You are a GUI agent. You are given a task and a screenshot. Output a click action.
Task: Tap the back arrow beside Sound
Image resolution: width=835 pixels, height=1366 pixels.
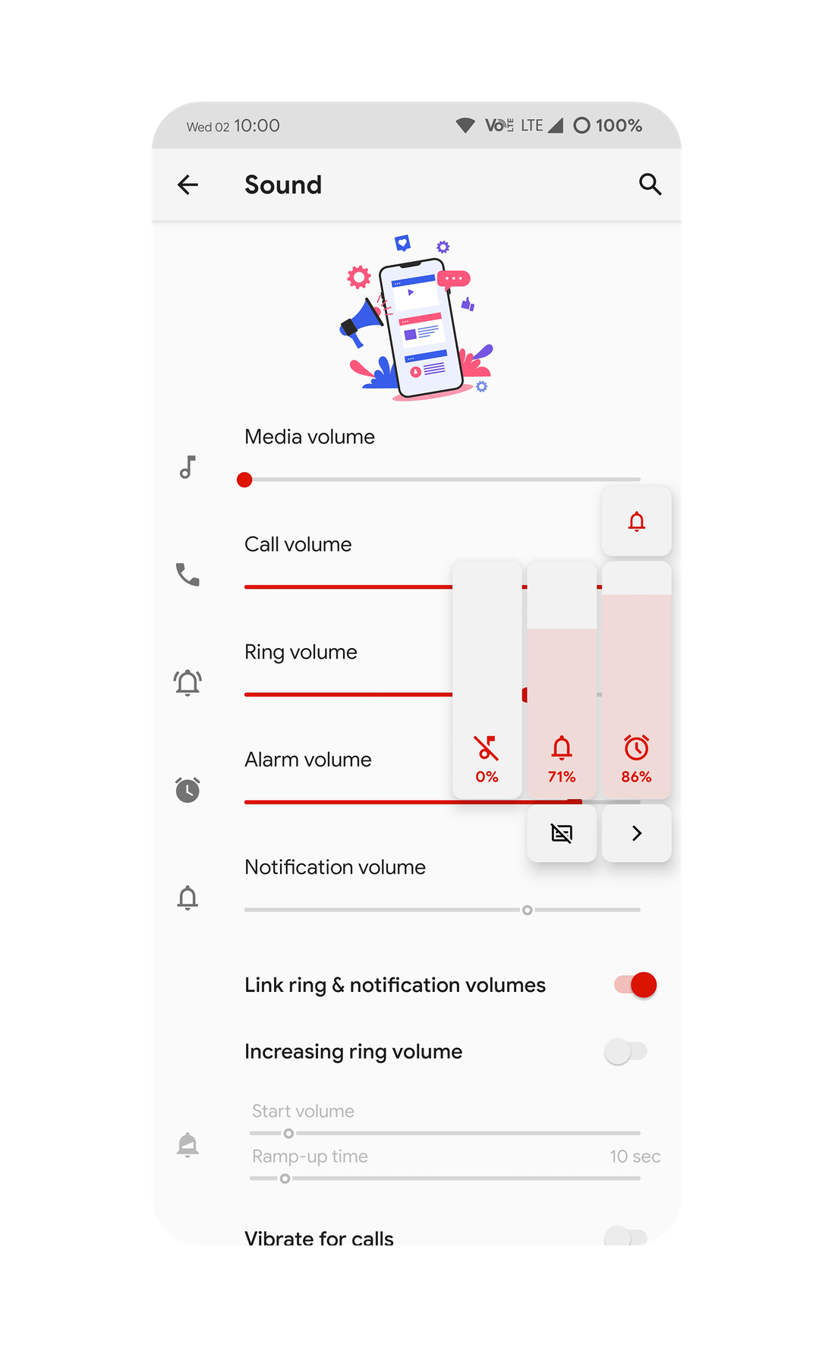pyautogui.click(x=187, y=184)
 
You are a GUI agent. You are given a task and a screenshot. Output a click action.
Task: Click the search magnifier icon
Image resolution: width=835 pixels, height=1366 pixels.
pyautogui.click(x=650, y=184)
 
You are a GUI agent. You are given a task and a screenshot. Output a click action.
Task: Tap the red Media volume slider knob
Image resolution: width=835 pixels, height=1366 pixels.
pyautogui.click(x=244, y=480)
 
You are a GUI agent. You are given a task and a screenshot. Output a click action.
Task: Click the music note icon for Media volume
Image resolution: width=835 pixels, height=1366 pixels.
pyautogui.click(x=187, y=467)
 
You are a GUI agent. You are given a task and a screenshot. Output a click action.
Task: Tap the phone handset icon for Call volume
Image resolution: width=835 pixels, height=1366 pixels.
pyautogui.click(x=187, y=574)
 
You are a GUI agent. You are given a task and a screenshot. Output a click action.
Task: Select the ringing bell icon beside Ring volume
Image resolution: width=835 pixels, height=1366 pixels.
pyautogui.click(x=187, y=682)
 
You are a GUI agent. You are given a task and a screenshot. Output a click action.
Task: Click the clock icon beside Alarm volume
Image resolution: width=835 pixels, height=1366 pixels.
pyautogui.click(x=187, y=790)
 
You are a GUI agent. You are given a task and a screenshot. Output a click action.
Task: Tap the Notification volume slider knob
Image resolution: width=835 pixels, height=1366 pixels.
pyautogui.click(x=528, y=910)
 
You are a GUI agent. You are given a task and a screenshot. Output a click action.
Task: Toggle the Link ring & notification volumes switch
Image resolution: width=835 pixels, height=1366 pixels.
pyautogui.click(x=636, y=985)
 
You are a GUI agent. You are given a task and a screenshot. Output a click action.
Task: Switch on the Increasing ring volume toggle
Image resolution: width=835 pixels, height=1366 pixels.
pyautogui.click(x=625, y=1052)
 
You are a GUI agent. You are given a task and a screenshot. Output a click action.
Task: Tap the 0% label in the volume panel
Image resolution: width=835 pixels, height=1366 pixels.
pyautogui.click(x=487, y=777)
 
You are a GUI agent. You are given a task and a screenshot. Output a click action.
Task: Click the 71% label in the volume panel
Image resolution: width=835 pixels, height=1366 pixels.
pyautogui.click(x=562, y=777)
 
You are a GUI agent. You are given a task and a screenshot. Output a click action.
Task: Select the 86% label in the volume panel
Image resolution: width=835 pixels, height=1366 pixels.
pyautogui.click(x=636, y=777)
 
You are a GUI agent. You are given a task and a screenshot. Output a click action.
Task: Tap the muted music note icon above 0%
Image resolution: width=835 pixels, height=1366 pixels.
pyautogui.click(x=487, y=748)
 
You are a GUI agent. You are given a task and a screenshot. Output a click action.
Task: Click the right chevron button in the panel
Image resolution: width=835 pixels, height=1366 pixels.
pyautogui.click(x=637, y=833)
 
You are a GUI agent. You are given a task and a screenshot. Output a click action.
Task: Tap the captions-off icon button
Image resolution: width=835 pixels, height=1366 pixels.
pyautogui.click(x=562, y=833)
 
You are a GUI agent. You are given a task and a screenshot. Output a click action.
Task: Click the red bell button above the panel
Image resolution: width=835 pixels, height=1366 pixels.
pyautogui.click(x=637, y=521)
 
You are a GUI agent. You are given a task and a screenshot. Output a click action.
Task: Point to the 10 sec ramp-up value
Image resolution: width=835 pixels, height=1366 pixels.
pyautogui.click(x=635, y=1157)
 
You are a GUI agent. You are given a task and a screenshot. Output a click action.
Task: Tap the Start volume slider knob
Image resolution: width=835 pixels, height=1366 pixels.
pyautogui.click(x=288, y=1133)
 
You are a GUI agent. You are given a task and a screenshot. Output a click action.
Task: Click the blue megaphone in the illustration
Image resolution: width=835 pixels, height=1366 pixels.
pyautogui.click(x=362, y=322)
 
